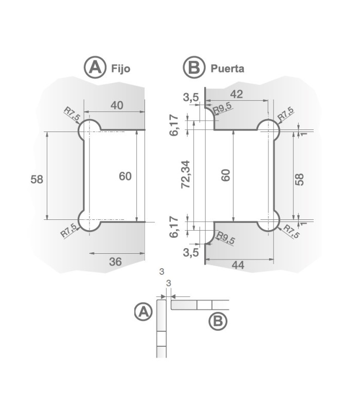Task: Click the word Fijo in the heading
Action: [x=121, y=68]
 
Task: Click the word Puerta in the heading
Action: [x=227, y=68]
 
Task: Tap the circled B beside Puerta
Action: [x=193, y=67]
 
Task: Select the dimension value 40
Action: [x=117, y=105]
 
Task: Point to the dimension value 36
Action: [x=115, y=261]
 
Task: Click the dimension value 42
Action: [x=237, y=95]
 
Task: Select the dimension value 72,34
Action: [x=186, y=174]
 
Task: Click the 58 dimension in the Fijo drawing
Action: [x=37, y=179]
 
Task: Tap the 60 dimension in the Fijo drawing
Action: [x=125, y=176]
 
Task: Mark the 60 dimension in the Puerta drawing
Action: [x=225, y=175]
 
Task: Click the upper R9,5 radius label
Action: [x=223, y=107]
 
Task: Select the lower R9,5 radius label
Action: [x=224, y=238]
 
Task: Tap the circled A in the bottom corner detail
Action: [x=142, y=311]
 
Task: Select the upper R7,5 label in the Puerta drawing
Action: [x=286, y=114]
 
